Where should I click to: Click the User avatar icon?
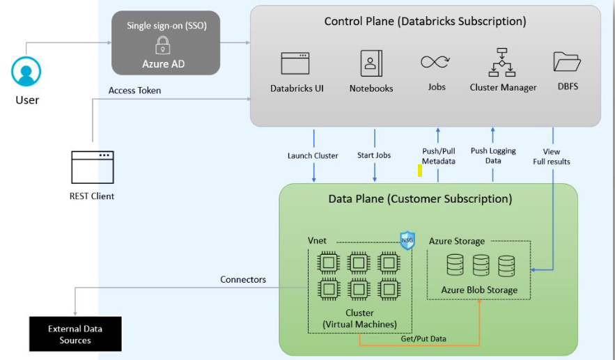pos(26,72)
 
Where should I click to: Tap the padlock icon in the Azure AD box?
pos(163,46)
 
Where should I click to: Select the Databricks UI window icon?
pos(295,63)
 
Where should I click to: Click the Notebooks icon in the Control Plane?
pos(371,63)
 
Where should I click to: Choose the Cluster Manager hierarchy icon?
pos(502,63)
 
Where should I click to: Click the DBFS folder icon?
pos(567,62)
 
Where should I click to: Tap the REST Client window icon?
pos(92,167)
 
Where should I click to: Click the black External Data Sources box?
pos(75,334)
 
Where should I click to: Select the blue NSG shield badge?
pos(407,241)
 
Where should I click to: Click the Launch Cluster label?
pos(313,155)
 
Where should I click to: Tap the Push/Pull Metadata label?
pos(439,156)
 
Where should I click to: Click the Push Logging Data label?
pos(493,155)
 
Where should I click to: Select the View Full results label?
pos(552,157)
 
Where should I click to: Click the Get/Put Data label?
pos(423,339)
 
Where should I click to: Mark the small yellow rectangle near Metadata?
pos(420,170)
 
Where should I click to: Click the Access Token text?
pos(134,91)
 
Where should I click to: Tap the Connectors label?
pos(243,279)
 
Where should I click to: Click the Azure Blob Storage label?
pos(479,290)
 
